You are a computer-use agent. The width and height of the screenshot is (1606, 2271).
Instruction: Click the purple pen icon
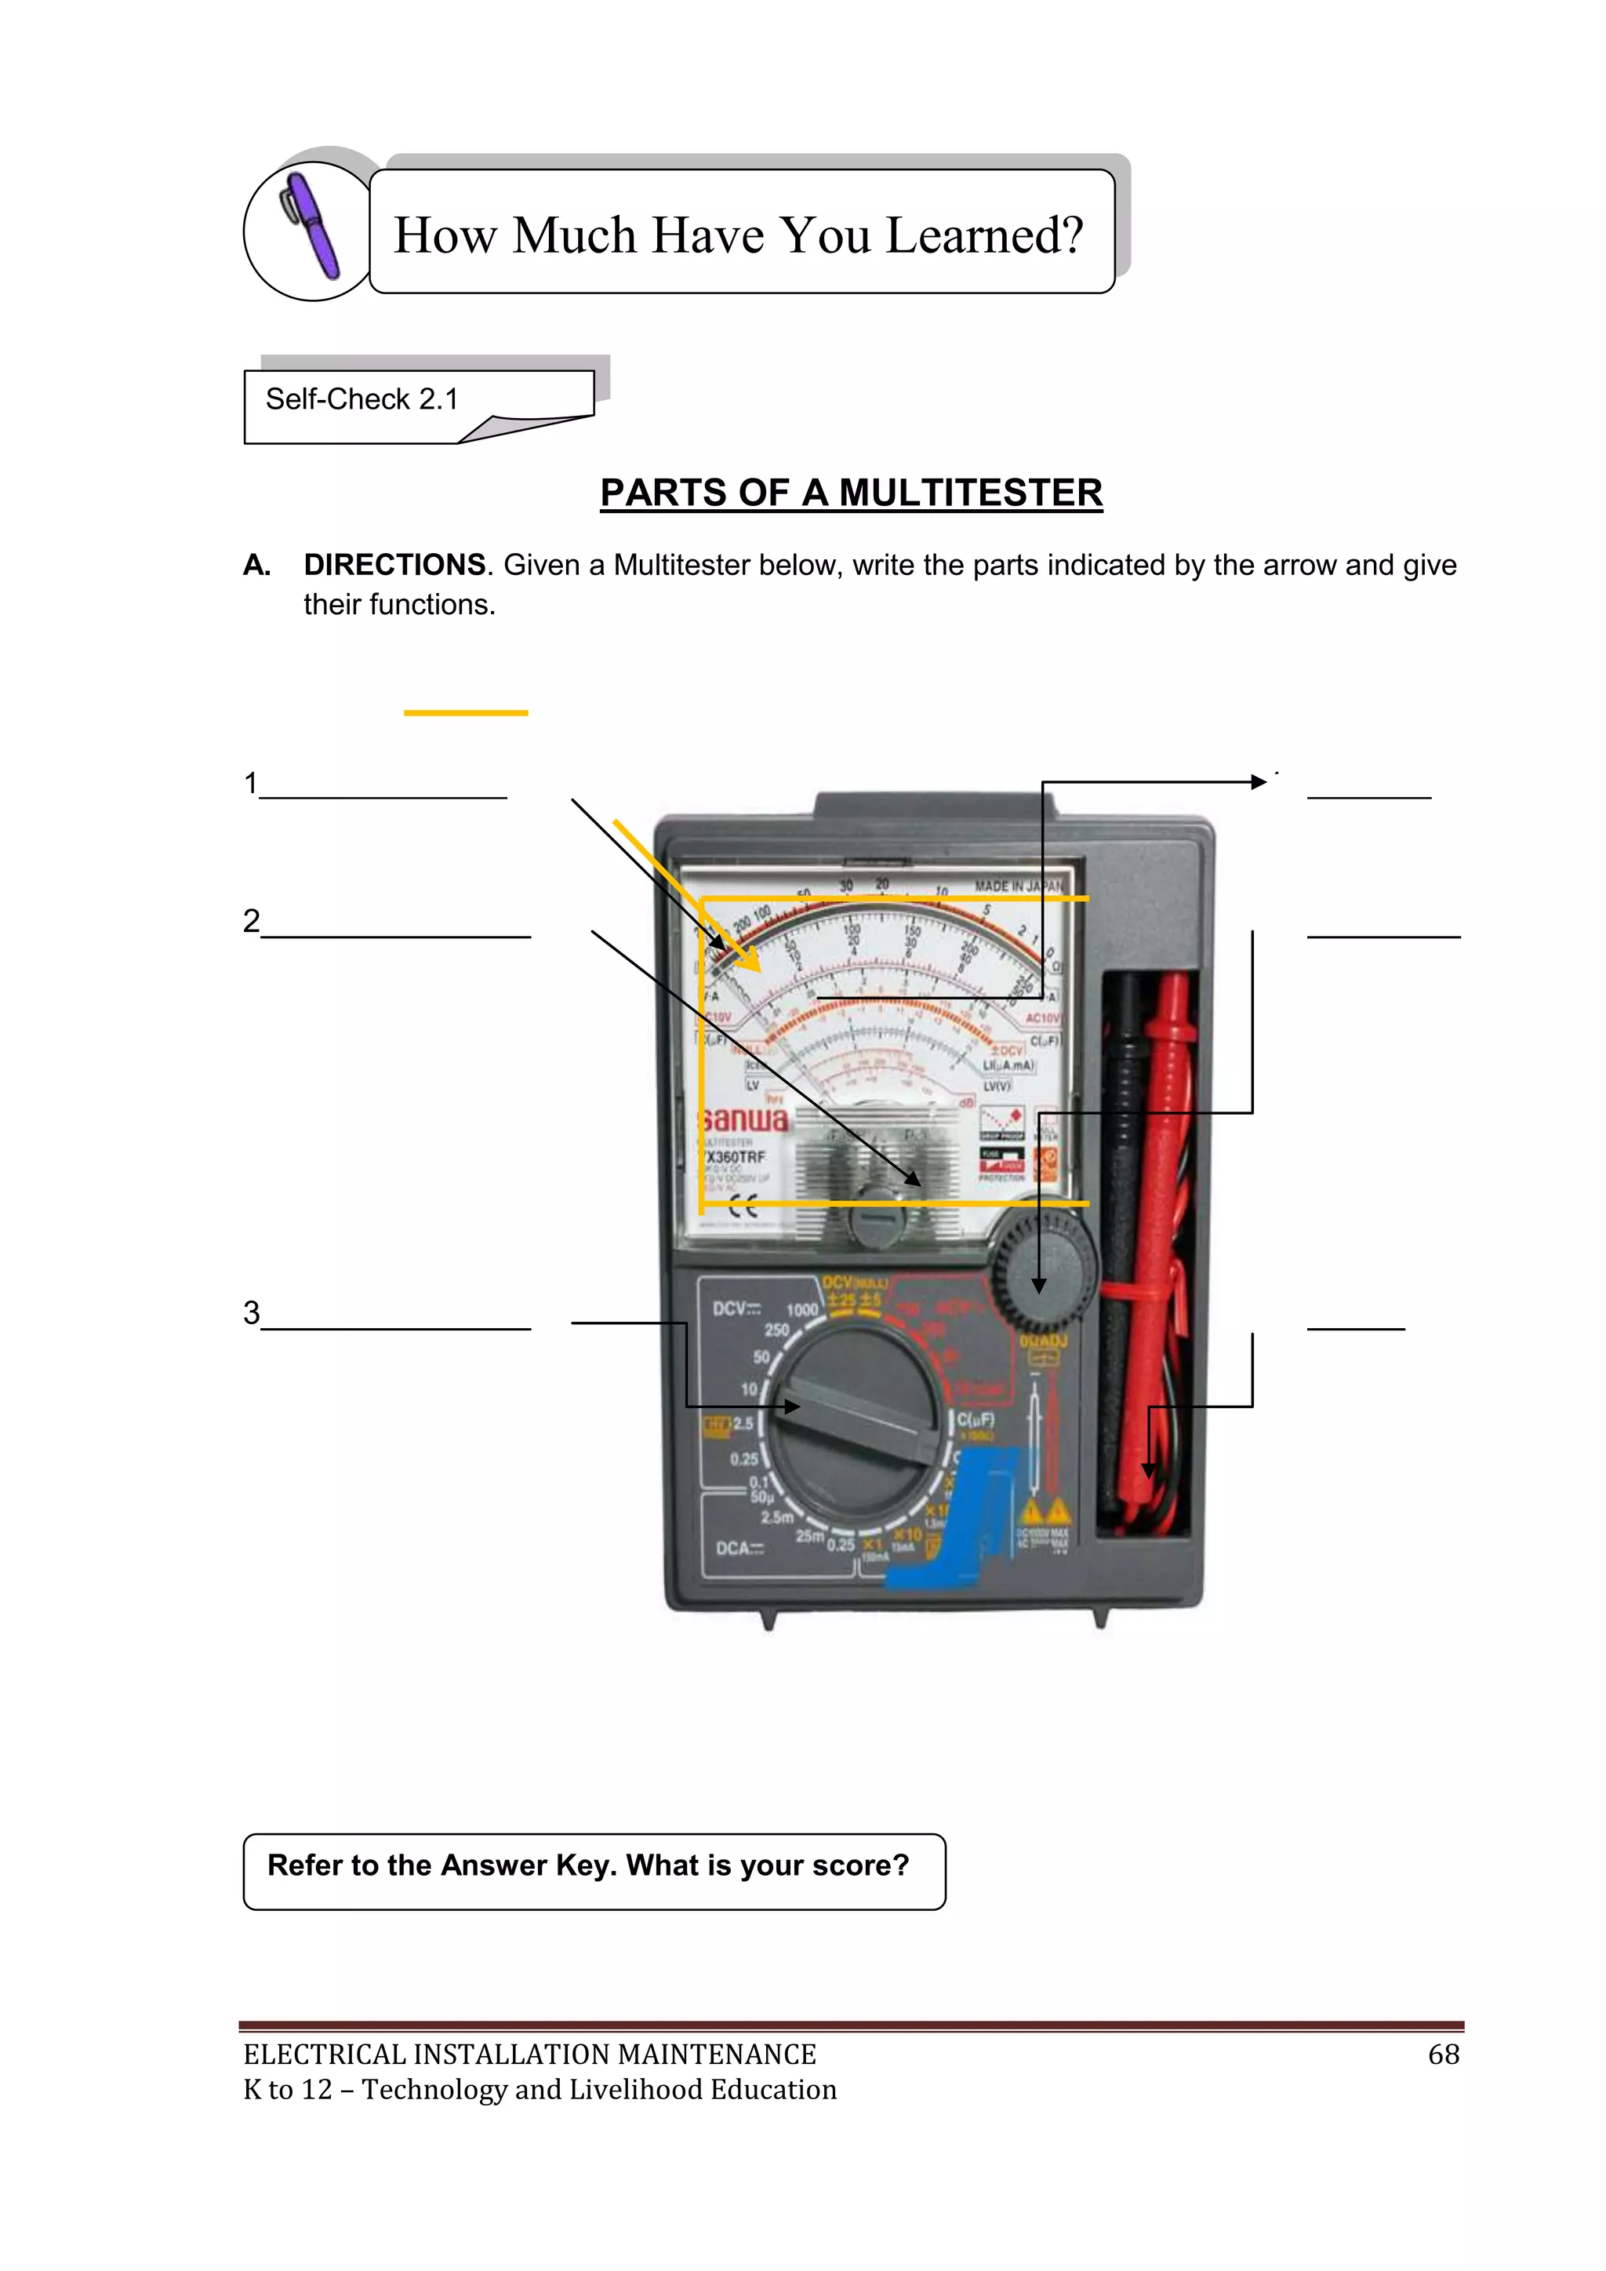(x=313, y=227)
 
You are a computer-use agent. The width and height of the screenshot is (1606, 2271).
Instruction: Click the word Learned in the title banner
(x=983, y=235)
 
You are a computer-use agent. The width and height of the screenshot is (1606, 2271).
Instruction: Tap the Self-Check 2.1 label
(x=362, y=399)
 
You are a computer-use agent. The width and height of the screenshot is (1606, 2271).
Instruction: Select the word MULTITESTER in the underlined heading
(x=970, y=493)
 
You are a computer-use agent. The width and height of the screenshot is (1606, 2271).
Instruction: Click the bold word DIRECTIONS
(x=394, y=565)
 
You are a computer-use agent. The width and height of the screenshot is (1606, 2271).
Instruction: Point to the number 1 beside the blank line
(x=251, y=784)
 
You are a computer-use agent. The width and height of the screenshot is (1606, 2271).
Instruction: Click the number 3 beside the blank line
(x=251, y=1312)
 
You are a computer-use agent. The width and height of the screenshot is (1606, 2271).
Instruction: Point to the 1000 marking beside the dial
(x=802, y=1309)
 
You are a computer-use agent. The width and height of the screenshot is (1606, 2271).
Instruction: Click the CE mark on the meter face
(x=743, y=1206)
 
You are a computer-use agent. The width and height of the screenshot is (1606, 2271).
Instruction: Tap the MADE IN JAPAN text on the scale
(x=1019, y=886)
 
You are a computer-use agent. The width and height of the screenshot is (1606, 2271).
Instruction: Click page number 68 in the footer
(x=1443, y=2054)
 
